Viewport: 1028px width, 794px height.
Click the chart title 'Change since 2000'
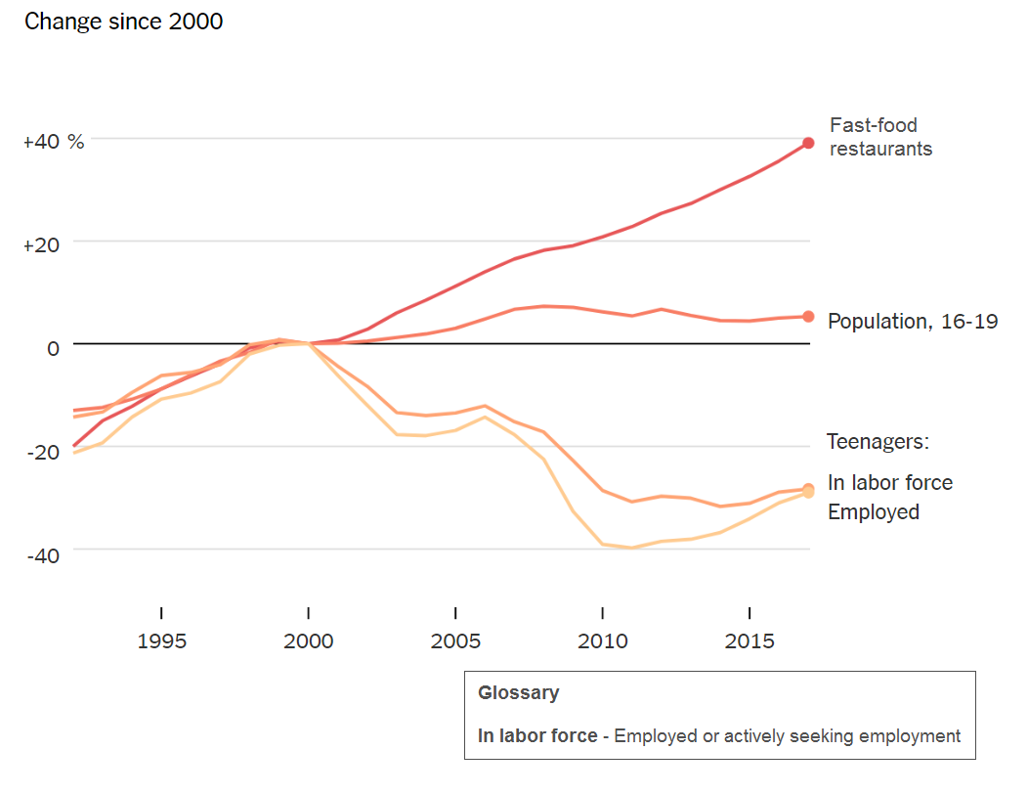tap(123, 21)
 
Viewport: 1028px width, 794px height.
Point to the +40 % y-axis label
tap(54, 142)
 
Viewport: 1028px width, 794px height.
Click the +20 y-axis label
tap(41, 244)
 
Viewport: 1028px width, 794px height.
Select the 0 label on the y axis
tap(53, 347)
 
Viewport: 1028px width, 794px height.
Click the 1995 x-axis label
tap(161, 641)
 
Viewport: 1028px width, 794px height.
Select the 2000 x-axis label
tap(309, 641)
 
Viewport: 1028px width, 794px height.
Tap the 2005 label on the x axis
tap(455, 641)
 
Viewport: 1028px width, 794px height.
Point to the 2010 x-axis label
tap(602, 641)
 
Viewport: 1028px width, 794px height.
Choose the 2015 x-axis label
tap(750, 641)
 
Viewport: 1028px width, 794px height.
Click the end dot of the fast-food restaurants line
tap(808, 144)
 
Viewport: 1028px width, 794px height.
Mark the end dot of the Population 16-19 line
tap(808, 316)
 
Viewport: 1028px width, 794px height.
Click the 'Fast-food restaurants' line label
tap(879, 137)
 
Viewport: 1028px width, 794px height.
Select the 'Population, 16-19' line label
tap(913, 322)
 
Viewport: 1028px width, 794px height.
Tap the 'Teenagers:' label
tap(878, 442)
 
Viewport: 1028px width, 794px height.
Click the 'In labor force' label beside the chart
tap(889, 483)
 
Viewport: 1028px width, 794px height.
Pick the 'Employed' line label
tap(873, 512)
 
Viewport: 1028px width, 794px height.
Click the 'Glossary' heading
tap(518, 693)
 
